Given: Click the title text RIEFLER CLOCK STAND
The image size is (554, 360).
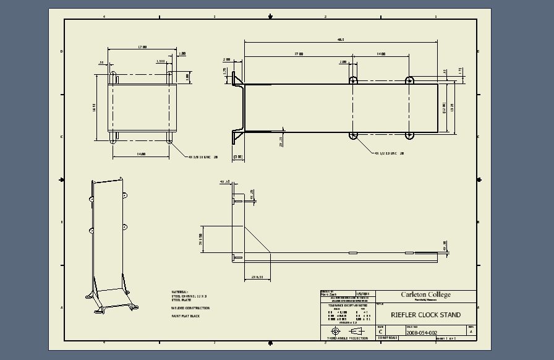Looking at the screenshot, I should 425,315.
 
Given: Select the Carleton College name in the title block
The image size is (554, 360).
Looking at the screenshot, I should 425,295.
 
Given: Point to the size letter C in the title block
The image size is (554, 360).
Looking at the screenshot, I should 380,332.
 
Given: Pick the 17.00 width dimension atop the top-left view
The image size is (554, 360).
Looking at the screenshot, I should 142,46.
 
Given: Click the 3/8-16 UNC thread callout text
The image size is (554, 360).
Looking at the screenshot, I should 203,157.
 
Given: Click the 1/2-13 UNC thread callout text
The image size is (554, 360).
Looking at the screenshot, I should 389,153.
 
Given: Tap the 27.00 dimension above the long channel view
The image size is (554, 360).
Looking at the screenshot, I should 299,54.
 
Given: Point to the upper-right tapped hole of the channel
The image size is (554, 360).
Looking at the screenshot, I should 409,80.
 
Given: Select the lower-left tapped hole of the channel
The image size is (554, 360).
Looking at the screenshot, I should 353,135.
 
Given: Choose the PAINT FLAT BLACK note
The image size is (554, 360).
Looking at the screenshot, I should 186,316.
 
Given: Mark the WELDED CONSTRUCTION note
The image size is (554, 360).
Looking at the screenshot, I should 190,308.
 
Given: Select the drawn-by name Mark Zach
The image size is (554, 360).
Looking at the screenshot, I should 328,294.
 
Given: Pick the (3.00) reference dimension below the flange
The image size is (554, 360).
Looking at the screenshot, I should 238,157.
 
